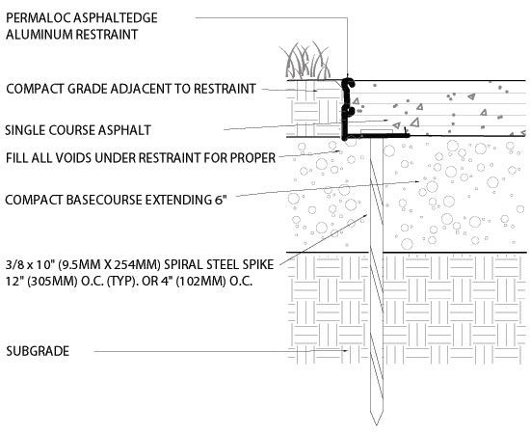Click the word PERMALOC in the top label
[39, 18]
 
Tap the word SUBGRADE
[38, 351]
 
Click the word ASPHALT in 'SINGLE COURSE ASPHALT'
[124, 130]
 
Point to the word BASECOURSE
[104, 200]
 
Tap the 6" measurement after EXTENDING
[220, 200]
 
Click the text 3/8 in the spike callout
[13, 264]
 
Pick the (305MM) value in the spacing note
[52, 281]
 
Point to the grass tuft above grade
[305, 61]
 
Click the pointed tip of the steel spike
[376, 424]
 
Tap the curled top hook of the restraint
[348, 83]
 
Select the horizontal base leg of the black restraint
[376, 136]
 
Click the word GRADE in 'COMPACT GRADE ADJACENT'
[88, 89]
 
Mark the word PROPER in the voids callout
[252, 158]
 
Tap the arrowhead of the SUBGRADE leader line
[345, 351]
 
